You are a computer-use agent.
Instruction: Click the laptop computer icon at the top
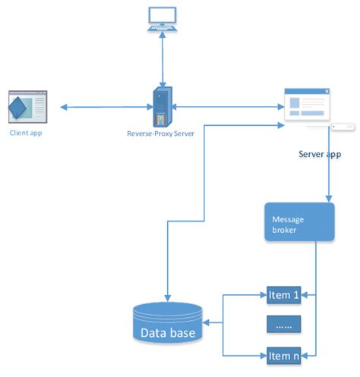point(163,18)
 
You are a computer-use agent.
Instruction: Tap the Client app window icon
point(28,106)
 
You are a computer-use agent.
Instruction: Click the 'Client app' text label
point(27,132)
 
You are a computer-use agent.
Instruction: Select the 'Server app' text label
point(320,155)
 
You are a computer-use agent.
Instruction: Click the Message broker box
point(298,221)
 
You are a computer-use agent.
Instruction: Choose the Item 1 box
point(284,294)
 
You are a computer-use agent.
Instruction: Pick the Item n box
point(284,354)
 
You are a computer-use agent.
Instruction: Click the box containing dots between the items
point(284,324)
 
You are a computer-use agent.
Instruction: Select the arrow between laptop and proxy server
point(163,57)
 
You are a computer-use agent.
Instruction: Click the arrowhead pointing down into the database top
point(167,298)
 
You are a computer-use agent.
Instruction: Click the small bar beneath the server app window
point(340,127)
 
